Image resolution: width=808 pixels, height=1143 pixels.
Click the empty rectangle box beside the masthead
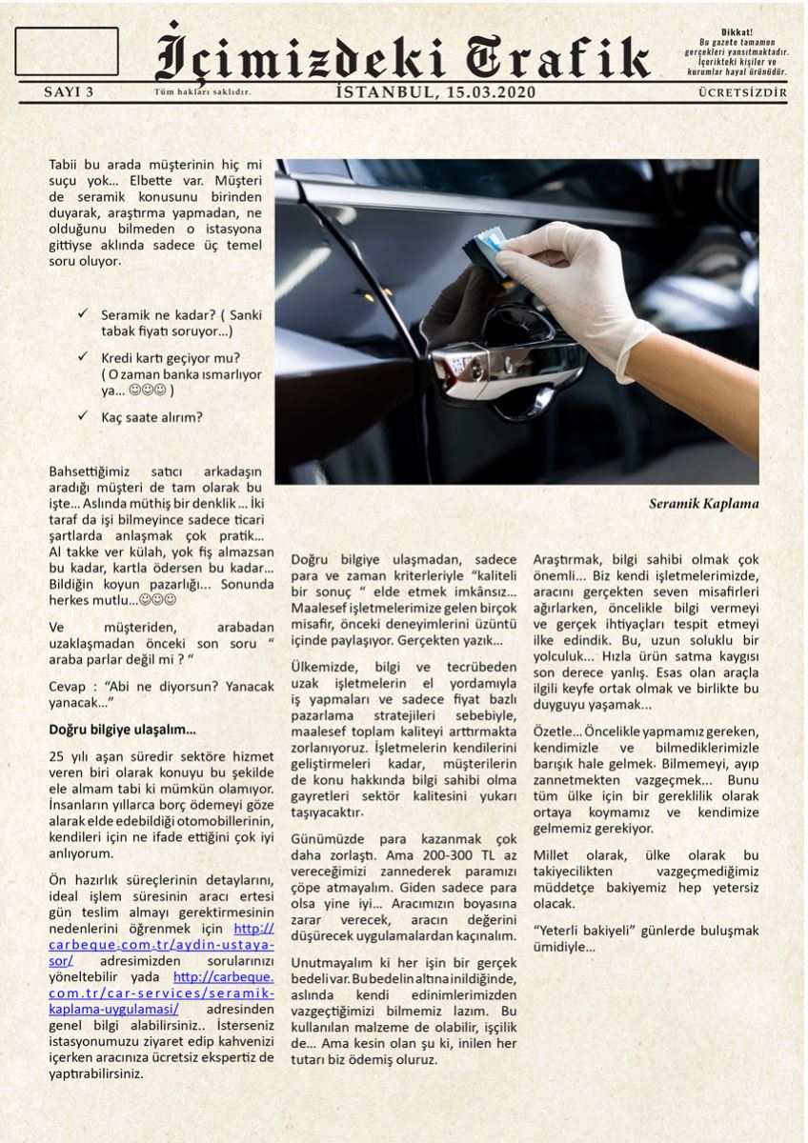tap(67, 51)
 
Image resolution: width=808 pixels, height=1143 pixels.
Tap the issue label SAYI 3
tap(70, 92)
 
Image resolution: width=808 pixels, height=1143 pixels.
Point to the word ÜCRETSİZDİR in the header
tap(742, 92)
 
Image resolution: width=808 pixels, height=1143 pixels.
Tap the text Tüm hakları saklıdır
tap(202, 92)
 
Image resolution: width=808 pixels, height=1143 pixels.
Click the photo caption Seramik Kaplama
tap(703, 503)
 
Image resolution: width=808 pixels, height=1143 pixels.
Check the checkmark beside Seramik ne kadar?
tap(85, 313)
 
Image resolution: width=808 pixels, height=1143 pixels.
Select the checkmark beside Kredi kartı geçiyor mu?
tap(85, 356)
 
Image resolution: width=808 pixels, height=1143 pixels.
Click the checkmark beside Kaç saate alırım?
tap(85, 416)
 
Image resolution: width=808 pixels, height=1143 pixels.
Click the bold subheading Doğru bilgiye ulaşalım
tap(122, 730)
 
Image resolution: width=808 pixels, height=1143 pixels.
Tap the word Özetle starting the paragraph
tap(553, 731)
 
